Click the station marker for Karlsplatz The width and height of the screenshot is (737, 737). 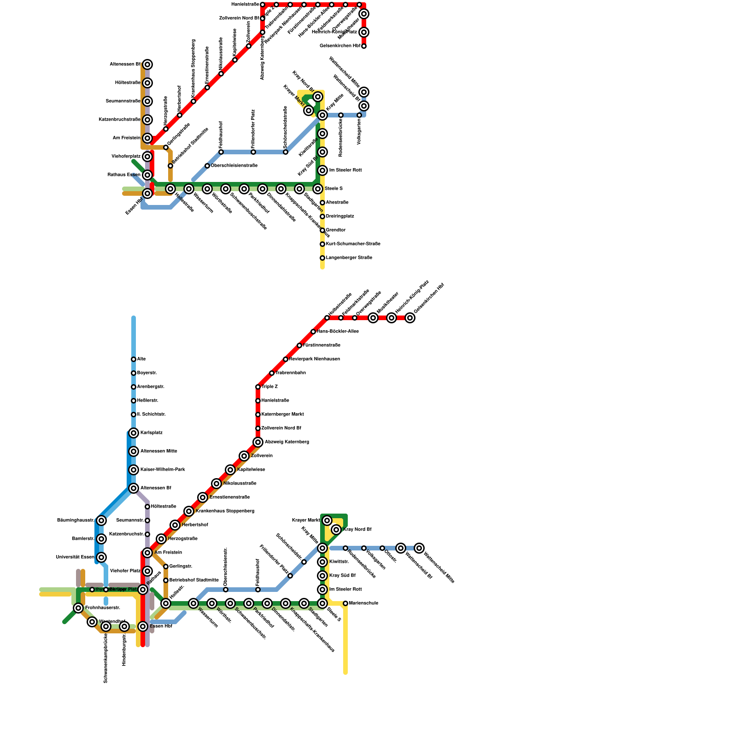pyautogui.click(x=134, y=433)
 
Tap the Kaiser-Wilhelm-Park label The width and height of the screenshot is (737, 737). pyautogui.click(x=163, y=470)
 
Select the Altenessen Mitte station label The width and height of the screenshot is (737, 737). pyautogui.click(x=158, y=451)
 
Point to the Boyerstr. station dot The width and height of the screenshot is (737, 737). pyautogui.click(x=134, y=373)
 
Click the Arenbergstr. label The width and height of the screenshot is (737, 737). pyautogui.click(x=151, y=387)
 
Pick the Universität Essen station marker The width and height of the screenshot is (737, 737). pyautogui.click(x=101, y=557)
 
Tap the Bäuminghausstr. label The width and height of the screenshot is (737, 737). pyautogui.click(x=76, y=521)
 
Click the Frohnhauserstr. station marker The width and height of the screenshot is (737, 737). pyautogui.click(x=78, y=608)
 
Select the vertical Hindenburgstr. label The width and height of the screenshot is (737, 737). pyautogui.click(x=124, y=649)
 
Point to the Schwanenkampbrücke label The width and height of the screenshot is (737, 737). pyautogui.click(x=106, y=658)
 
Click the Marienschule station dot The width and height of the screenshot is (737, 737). pyautogui.click(x=345, y=603)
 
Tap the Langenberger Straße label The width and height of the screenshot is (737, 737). pyautogui.click(x=349, y=258)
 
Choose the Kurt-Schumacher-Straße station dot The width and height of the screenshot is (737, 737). pyautogui.click(x=322, y=244)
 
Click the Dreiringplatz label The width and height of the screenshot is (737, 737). pyautogui.click(x=340, y=216)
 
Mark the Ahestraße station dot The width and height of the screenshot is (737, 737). pyautogui.click(x=322, y=203)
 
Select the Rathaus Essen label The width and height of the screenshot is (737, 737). pyautogui.click(x=124, y=175)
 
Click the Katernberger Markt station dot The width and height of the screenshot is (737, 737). pyautogui.click(x=258, y=415)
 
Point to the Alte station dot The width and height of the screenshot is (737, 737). pyautogui.click(x=134, y=359)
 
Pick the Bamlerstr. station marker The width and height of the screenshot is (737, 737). pyautogui.click(x=101, y=539)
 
